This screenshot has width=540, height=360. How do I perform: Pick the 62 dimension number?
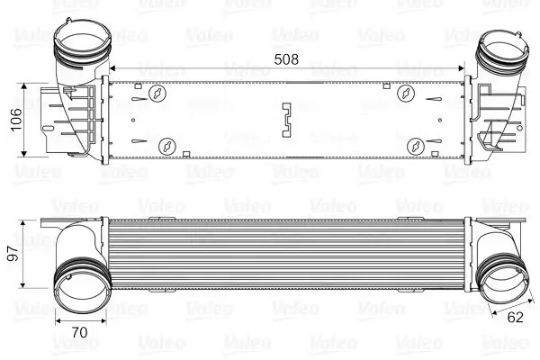pos(514,318)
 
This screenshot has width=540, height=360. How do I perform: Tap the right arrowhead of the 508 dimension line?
pos(463,68)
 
